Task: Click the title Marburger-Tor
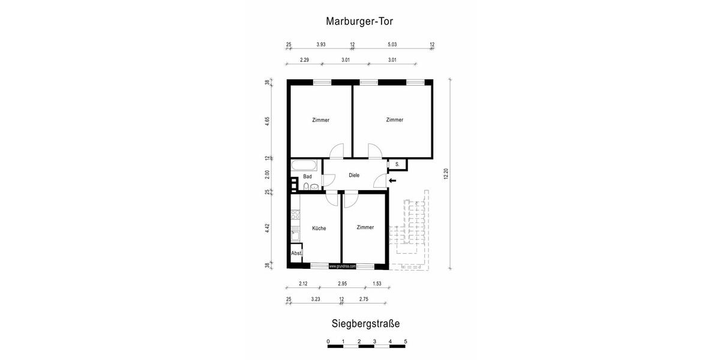coord(359,21)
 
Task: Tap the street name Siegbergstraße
coord(365,323)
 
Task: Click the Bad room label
coord(307,176)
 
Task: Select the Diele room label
coord(354,175)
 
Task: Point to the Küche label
coord(319,229)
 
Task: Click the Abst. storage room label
coord(296,254)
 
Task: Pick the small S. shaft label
coord(397,163)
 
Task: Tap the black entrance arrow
coord(393,181)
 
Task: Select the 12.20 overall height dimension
coord(445,174)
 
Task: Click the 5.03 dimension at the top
coord(392,44)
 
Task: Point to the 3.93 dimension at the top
coord(321,44)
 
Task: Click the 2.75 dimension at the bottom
coord(364,299)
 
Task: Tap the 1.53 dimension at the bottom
coord(377,283)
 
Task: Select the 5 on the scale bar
coord(406,342)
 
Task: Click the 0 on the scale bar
coord(328,342)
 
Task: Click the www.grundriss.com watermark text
coord(343,266)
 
